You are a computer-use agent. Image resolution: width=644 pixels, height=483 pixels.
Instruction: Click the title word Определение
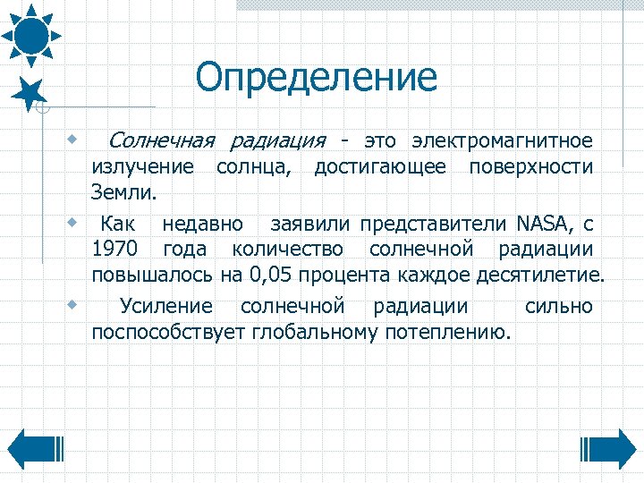click(317, 78)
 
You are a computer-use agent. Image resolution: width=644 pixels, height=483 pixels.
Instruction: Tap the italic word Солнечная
click(163, 141)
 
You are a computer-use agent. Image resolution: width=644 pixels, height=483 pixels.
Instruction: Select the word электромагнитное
click(502, 141)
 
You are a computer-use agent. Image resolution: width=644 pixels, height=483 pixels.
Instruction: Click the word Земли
click(123, 191)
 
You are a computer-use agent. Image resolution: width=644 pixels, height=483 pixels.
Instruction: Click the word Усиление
click(166, 307)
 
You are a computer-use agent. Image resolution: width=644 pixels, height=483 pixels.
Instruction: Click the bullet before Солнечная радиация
click(71, 140)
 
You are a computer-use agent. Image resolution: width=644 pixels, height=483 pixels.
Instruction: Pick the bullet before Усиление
click(71, 304)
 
